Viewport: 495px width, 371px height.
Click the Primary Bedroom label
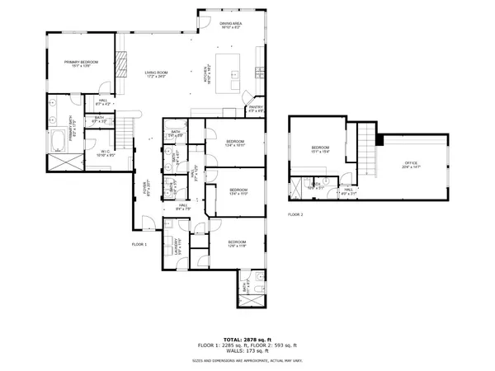click(x=80, y=63)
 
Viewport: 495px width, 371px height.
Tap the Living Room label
click(x=156, y=75)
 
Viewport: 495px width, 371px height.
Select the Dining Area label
click(x=230, y=26)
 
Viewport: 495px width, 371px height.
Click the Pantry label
click(x=256, y=108)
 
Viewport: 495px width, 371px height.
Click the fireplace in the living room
click(x=120, y=64)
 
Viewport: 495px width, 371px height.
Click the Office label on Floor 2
click(x=409, y=166)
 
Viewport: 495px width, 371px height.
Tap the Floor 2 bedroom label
click(x=320, y=149)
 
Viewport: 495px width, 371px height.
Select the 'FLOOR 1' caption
click(x=139, y=245)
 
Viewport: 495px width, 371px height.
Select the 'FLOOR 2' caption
click(x=295, y=214)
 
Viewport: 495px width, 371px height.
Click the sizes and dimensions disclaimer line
click(x=247, y=360)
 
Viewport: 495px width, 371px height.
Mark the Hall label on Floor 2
click(x=348, y=191)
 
